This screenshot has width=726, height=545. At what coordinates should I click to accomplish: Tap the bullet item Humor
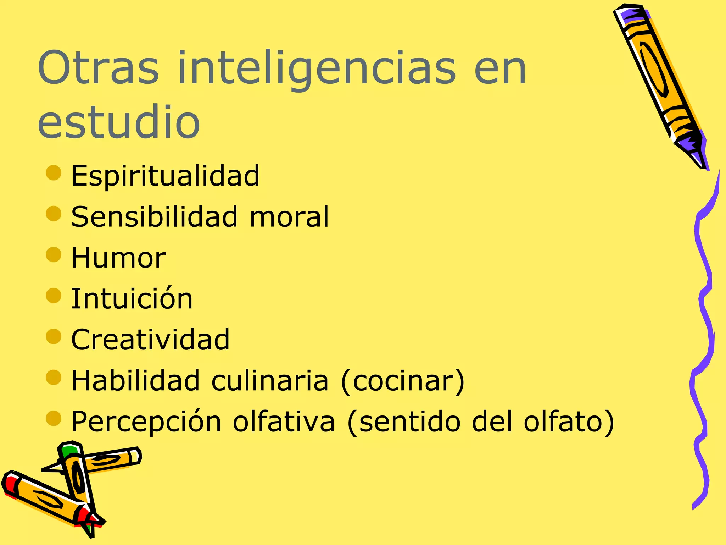(x=118, y=258)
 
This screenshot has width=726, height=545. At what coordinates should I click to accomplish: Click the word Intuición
(x=132, y=298)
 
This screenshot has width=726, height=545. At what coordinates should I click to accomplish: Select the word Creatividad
(x=150, y=340)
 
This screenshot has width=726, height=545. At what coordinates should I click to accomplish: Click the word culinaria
(x=270, y=380)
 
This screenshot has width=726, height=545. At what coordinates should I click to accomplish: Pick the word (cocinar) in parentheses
(x=402, y=381)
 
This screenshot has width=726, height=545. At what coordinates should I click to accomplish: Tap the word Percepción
(x=146, y=422)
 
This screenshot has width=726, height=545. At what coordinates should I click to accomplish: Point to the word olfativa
(x=284, y=422)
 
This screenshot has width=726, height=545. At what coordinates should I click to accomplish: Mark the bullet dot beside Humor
(x=54, y=254)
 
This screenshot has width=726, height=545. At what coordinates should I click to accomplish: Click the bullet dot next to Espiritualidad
(x=54, y=173)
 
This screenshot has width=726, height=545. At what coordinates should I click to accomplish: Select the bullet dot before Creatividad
(x=54, y=336)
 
